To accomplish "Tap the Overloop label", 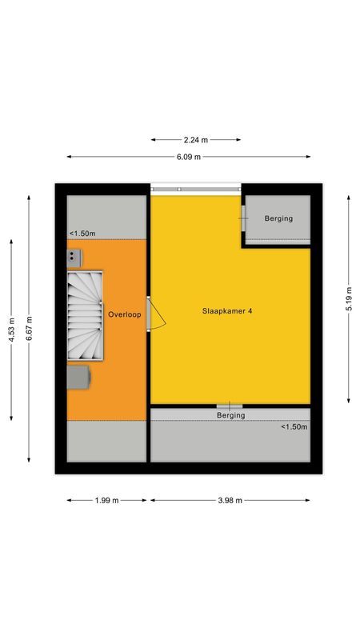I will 125,314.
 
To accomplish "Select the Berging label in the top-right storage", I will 278,218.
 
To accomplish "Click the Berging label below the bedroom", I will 230,415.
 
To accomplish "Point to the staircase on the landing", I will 86,314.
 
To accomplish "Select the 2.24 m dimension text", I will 196,139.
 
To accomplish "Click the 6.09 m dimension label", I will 189,157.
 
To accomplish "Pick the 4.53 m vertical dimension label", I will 11,328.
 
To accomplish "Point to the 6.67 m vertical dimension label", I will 29,328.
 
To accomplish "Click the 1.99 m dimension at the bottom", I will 106,500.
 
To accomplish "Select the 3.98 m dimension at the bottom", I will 230,500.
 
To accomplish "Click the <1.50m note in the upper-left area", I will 82,234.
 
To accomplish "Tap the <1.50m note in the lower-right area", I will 294,427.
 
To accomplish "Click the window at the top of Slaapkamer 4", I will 196,189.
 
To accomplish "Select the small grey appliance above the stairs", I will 74,256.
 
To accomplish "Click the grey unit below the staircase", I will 78,376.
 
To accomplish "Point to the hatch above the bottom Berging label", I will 230,406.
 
